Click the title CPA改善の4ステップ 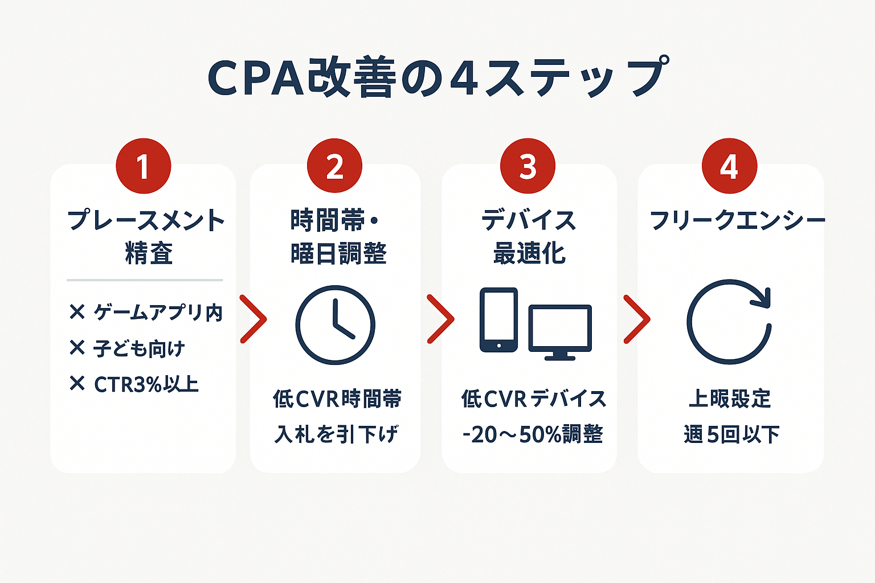pyautogui.click(x=436, y=78)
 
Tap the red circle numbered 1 pyautogui.click(x=143, y=166)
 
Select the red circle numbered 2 pyautogui.click(x=334, y=166)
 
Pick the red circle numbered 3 pyautogui.click(x=528, y=166)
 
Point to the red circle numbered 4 pyautogui.click(x=729, y=166)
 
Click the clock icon pyautogui.click(x=335, y=325)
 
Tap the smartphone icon pyautogui.click(x=498, y=320)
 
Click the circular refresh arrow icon pyautogui.click(x=729, y=322)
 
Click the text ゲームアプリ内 pyautogui.click(x=158, y=313)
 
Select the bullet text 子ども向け pyautogui.click(x=140, y=348)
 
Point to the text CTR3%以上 pyautogui.click(x=146, y=385)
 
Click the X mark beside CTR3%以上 pyautogui.click(x=77, y=384)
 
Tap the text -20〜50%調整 pyautogui.click(x=533, y=434)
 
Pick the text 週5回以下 pyautogui.click(x=731, y=434)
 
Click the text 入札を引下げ pyautogui.click(x=336, y=434)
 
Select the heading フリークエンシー pyautogui.click(x=737, y=220)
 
